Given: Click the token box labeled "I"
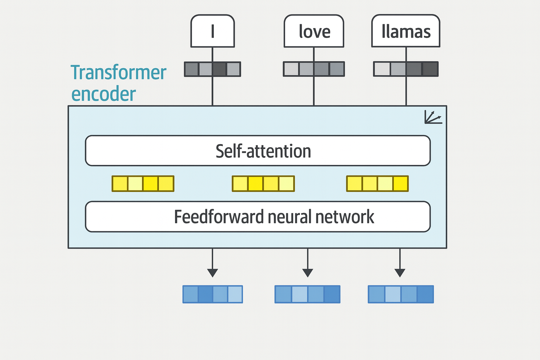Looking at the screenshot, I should pyautogui.click(x=212, y=31).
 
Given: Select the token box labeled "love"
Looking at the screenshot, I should pyautogui.click(x=314, y=31).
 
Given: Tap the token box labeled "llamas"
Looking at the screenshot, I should pyautogui.click(x=406, y=31).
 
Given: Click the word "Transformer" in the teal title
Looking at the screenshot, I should pyautogui.click(x=118, y=73).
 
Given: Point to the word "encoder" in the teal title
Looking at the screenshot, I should pyautogui.click(x=104, y=94).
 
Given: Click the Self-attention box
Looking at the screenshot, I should pyautogui.click(x=258, y=151).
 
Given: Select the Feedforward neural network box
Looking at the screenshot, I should pyautogui.click(x=258, y=217).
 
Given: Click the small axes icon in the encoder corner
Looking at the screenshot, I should pyautogui.click(x=433, y=117).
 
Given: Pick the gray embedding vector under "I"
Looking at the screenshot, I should pyautogui.click(x=212, y=69).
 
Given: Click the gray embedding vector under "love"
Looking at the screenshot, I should pyautogui.click(x=314, y=69).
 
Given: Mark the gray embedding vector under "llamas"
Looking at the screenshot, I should pyautogui.click(x=406, y=69).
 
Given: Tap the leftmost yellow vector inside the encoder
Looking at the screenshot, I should pyautogui.click(x=143, y=184).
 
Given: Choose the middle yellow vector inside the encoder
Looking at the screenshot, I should pyautogui.click(x=263, y=184).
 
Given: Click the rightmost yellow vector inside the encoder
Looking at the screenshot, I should pyautogui.click(x=377, y=184).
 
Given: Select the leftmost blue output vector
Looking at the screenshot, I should pyautogui.click(x=213, y=294).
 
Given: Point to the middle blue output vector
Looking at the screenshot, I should pyautogui.click(x=307, y=294).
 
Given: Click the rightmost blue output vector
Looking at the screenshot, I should pyautogui.click(x=401, y=294).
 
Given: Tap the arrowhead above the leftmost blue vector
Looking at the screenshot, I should pyautogui.click(x=212, y=273).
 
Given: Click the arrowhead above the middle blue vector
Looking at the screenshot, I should pyautogui.click(x=308, y=273).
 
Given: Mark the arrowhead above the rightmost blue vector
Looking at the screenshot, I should pyautogui.click(x=400, y=273).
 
